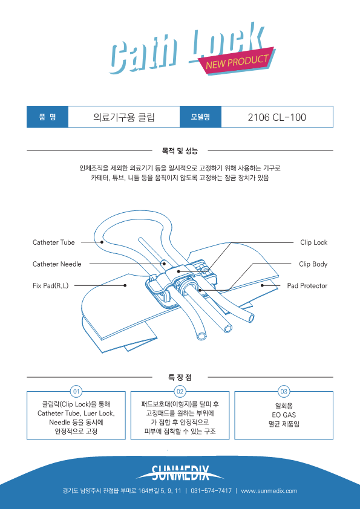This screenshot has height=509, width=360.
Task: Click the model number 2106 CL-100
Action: [277, 117]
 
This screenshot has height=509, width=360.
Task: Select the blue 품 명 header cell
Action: [47, 117]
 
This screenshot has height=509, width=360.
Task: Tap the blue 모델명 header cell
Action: [200, 117]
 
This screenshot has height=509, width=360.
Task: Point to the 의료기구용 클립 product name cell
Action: [124, 117]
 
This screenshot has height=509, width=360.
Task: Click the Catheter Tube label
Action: [54, 242]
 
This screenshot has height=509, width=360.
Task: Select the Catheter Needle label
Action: [57, 264]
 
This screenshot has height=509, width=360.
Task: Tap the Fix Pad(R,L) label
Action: [50, 286]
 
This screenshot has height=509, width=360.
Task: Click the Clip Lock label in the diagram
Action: [313, 242]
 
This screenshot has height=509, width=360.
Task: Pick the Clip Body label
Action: [313, 264]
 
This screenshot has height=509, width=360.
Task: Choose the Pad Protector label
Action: [307, 286]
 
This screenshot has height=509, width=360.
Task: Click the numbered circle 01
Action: [76, 392]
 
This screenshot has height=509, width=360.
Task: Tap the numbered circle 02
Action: [180, 392]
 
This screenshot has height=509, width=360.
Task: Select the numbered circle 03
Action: [284, 392]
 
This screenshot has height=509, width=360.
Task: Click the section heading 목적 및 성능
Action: [180, 151]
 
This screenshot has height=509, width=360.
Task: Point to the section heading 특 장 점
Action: [180, 377]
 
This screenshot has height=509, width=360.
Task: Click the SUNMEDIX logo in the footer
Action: [180, 473]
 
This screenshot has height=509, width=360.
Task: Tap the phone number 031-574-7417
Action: [211, 490]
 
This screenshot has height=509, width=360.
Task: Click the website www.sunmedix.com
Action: [269, 490]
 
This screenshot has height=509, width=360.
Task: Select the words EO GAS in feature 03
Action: [284, 415]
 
